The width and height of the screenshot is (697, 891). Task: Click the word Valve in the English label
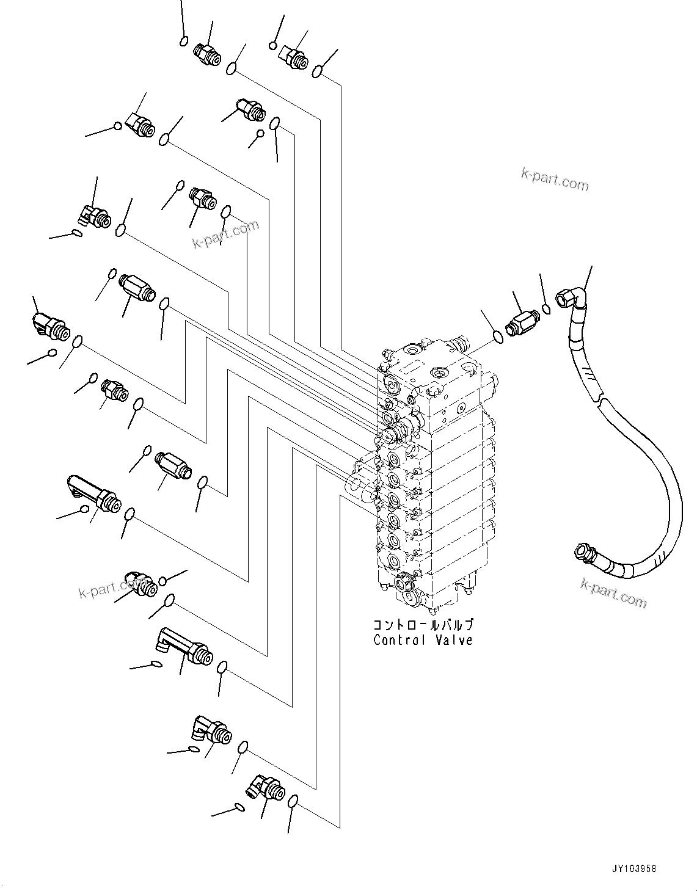coord(454,640)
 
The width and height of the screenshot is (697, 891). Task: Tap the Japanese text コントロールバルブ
coord(423,625)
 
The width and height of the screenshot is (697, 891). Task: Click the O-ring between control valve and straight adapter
coord(498,335)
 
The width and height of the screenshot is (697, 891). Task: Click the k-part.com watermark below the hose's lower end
coord(613,593)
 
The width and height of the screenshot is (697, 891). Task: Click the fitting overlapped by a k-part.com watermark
coord(140,584)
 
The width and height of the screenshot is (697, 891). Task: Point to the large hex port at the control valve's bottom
coord(404,583)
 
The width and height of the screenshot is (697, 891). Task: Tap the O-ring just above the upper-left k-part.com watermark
coord(226,211)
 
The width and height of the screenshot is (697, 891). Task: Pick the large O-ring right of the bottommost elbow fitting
coord(293,801)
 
